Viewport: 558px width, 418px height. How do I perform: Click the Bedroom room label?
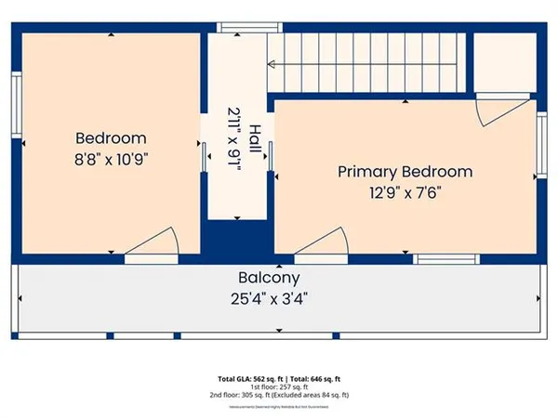[111, 138]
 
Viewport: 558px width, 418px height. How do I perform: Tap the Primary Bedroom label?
[405, 172]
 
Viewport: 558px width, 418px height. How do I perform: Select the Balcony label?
[269, 278]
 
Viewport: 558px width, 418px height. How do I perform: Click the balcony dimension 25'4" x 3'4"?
[269, 298]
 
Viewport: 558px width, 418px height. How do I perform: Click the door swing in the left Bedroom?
[151, 242]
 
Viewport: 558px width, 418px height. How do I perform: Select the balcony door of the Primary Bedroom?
[321, 243]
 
